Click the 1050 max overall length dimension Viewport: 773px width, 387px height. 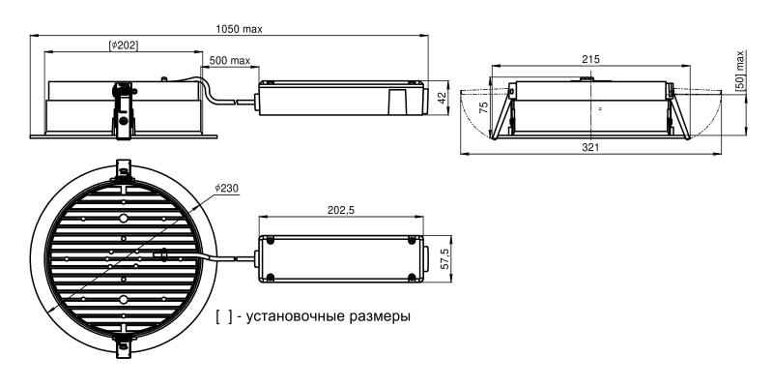(x=238, y=29)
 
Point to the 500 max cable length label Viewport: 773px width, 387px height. (x=230, y=61)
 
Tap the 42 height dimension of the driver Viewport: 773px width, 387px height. (x=442, y=99)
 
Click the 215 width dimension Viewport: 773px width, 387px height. (x=590, y=59)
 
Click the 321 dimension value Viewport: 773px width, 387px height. (x=590, y=147)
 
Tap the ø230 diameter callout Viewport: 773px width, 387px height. (x=227, y=188)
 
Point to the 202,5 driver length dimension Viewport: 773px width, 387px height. (x=342, y=211)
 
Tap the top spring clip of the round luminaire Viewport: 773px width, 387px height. (x=124, y=169)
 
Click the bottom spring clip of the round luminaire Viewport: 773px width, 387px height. (x=124, y=342)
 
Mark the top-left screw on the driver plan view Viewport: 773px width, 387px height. (x=268, y=241)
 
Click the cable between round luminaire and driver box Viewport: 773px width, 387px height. (x=232, y=258)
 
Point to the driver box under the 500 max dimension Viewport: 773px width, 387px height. (x=338, y=100)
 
